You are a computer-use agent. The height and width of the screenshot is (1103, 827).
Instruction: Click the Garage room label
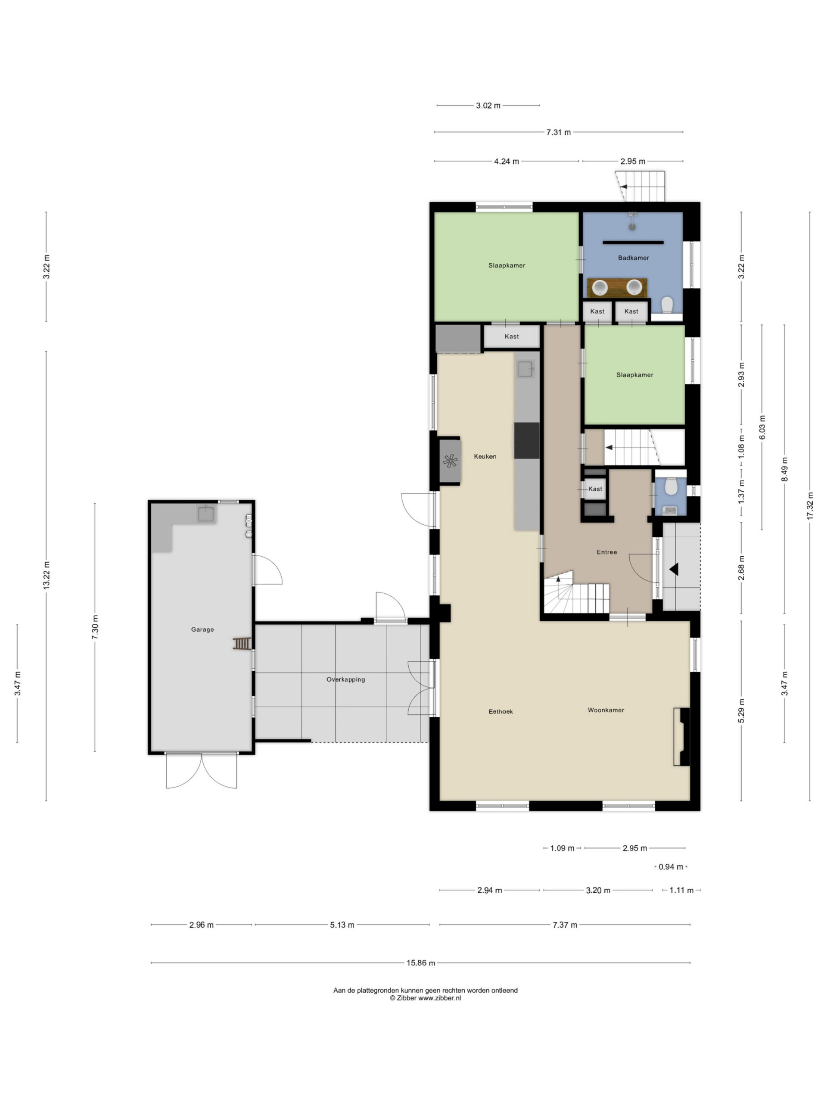(202, 629)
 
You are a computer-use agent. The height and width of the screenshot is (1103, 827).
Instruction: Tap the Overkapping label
(345, 679)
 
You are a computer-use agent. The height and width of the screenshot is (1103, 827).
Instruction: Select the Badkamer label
(633, 258)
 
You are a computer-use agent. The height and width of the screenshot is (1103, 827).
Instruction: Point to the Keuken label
(485, 456)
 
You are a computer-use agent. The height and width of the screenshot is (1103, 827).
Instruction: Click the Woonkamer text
(606, 710)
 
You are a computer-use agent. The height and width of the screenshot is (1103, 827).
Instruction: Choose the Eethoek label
(501, 712)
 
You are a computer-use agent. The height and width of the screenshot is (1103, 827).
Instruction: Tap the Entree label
(606, 552)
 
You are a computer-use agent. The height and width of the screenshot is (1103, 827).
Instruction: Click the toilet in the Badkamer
(667, 304)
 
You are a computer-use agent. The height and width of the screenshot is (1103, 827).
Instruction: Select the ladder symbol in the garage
(242, 644)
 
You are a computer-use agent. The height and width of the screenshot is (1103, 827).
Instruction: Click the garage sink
(206, 514)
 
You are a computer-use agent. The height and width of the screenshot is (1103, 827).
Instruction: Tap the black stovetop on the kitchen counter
(527, 440)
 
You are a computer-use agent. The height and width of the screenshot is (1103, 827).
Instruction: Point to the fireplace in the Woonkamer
(681, 736)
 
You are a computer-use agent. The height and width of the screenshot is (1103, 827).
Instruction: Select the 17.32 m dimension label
(809, 506)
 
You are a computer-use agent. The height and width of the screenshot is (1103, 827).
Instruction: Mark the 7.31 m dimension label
(558, 132)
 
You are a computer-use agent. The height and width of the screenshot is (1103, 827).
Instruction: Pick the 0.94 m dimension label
(671, 866)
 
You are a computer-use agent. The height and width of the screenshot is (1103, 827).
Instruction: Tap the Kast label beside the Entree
(595, 489)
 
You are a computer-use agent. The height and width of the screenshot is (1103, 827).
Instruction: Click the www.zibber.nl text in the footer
(439, 998)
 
